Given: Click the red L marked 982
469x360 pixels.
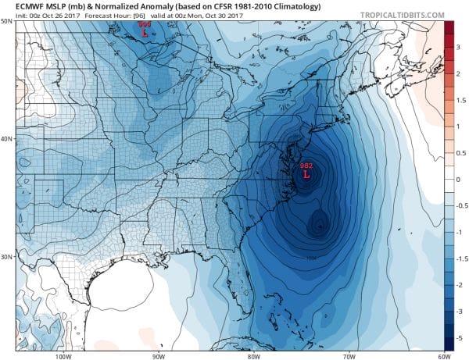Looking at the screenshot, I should point(306,176).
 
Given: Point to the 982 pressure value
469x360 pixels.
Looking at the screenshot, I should point(306,166).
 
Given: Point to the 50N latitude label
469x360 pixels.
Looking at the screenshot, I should point(6,20).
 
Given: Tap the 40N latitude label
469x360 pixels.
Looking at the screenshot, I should point(6,139).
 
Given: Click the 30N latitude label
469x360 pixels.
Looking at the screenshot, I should point(6,257).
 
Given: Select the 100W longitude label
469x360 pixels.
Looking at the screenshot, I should point(63,355).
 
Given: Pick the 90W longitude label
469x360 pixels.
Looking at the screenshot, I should point(158,355).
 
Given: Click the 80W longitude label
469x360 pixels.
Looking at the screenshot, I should point(252,355).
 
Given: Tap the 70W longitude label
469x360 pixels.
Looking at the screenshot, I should point(345,355).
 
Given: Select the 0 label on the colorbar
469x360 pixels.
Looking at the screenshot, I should point(459,179).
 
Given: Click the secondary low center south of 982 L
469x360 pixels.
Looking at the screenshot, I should point(317,225).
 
